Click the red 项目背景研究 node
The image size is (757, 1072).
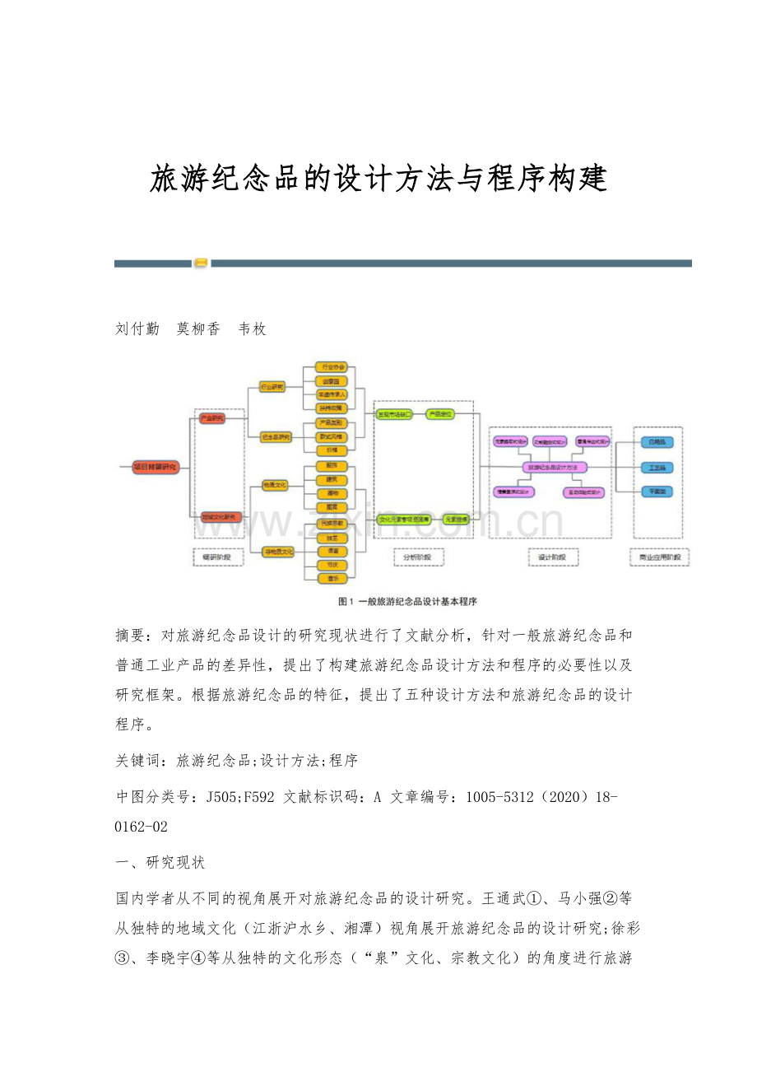[156, 467]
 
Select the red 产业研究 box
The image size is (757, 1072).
[212, 418]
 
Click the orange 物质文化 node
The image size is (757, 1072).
[274, 485]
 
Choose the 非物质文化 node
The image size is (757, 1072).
[278, 551]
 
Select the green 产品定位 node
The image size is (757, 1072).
[440, 414]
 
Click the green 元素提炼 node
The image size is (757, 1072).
[455, 520]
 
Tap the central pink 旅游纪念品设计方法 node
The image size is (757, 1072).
[555, 467]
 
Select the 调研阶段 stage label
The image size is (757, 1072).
[217, 557]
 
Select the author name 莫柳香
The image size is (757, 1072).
[198, 329]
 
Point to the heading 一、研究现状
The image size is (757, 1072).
[160, 863]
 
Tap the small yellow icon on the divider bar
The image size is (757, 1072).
[201, 263]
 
